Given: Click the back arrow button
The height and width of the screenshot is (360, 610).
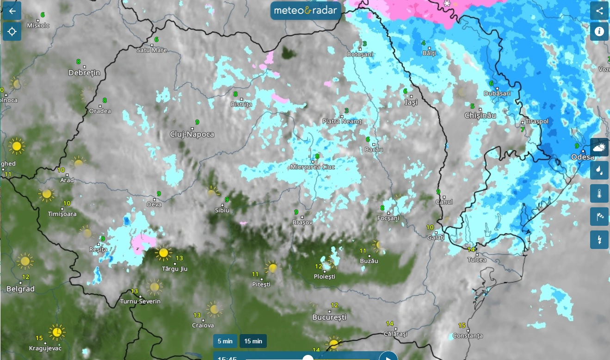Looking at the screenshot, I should pos(12,11).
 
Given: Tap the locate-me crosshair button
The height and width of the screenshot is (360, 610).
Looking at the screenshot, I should pos(12,31).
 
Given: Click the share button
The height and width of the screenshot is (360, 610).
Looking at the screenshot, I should pos(599,11).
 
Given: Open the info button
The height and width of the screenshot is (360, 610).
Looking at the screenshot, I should pos(599,31).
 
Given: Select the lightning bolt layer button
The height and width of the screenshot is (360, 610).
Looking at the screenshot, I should pos(599,240).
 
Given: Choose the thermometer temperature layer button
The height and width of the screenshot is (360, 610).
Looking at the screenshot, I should pos(599,193).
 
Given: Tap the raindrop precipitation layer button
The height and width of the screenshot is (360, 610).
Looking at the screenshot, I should pos(599,170).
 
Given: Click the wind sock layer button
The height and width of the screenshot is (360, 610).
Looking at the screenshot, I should pos(599,217).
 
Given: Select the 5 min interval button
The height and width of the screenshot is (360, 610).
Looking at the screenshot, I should pos(225,341).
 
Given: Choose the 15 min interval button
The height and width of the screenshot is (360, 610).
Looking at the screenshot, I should pos(253,341).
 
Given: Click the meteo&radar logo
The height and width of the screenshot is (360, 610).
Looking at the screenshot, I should pos(306,10).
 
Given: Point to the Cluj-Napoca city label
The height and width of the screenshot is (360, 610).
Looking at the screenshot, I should pos(193,134).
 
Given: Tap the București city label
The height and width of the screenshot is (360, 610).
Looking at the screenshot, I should pos(329,318).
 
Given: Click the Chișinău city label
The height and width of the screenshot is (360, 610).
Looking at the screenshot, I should pos(480,115).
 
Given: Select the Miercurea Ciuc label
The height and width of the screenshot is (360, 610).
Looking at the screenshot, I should pos(313,167).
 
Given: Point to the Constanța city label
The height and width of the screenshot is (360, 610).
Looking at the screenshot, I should pos(468,335).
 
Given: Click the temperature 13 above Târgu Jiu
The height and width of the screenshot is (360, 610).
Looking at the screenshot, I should pos(180,258).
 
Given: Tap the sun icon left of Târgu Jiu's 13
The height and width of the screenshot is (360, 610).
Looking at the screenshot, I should pos(163,253).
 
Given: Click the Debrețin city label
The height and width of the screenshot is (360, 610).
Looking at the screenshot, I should pos(84,73).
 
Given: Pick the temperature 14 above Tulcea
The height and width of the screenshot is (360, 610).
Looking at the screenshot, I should pos(471,250).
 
